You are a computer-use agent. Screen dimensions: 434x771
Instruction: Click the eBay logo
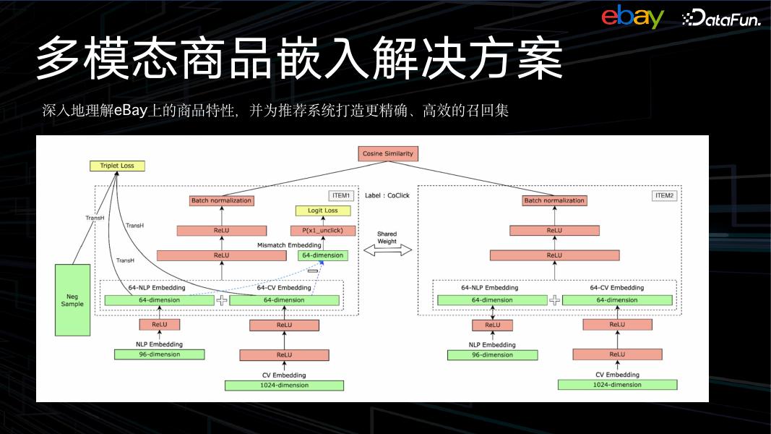pos(632,17)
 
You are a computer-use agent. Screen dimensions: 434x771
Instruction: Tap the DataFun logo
pos(720,19)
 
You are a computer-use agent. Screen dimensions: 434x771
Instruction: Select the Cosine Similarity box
pos(388,154)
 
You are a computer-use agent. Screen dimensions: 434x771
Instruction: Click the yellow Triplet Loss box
pos(117,166)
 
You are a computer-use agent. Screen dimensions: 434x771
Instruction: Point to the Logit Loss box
pos(323,210)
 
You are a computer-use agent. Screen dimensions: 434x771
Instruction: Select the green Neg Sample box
pos(72,299)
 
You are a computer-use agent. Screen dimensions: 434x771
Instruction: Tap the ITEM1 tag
pos(342,196)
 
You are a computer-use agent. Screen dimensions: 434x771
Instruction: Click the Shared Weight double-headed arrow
pos(387,250)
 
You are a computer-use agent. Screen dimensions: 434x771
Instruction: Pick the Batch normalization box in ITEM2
pos(554,200)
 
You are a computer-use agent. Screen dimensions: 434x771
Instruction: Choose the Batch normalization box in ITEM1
pos(222,200)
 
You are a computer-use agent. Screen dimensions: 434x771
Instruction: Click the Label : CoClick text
pos(387,195)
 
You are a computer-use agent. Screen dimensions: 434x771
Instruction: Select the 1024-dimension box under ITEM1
pos(284,386)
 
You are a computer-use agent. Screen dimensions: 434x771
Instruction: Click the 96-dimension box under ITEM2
pos(492,355)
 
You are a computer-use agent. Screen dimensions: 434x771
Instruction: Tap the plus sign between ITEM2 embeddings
pos(554,300)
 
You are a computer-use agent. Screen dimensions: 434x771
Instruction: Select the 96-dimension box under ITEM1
pos(160,354)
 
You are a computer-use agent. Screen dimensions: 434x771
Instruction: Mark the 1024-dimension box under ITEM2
pos(617,385)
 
